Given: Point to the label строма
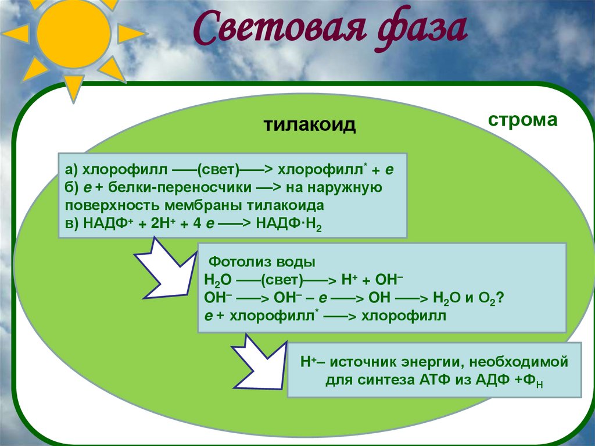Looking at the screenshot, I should [522, 120].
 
